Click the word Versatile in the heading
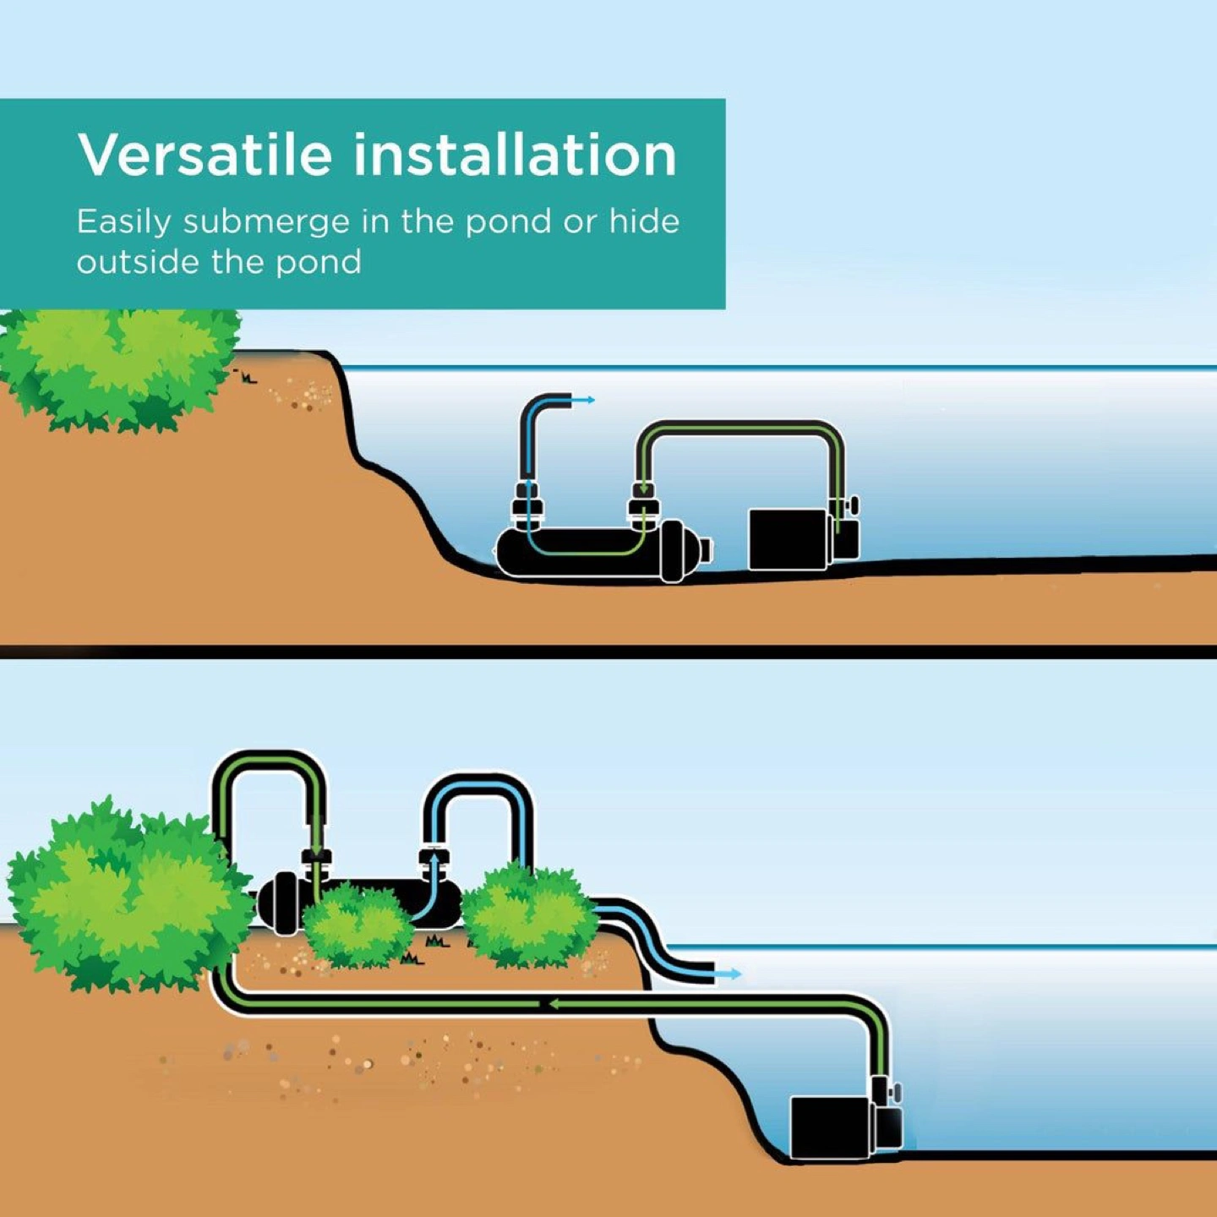click(205, 155)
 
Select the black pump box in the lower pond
click(831, 1127)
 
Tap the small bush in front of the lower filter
click(357, 925)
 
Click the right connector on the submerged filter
click(643, 504)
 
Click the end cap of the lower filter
click(281, 903)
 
